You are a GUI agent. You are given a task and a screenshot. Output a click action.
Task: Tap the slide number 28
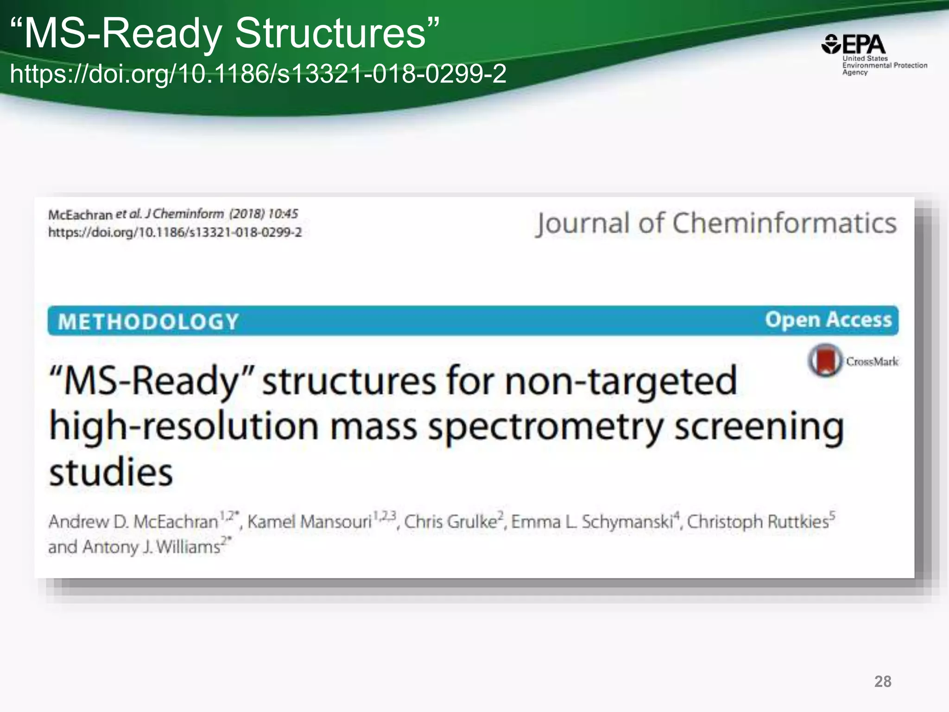coord(882,681)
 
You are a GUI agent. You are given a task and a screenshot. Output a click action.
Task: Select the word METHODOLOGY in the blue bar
coord(148,322)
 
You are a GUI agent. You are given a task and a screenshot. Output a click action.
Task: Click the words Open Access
coord(828,320)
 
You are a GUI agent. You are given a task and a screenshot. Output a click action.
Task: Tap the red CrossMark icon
coord(825,360)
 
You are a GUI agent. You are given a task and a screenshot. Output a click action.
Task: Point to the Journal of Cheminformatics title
coord(716,223)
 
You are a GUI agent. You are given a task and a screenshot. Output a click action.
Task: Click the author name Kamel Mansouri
coord(310,522)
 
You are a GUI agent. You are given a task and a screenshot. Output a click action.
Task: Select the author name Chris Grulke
coord(450,522)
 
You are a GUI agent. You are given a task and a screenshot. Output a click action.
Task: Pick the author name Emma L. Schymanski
coord(592,522)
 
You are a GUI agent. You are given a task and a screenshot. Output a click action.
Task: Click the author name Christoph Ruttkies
coord(758,522)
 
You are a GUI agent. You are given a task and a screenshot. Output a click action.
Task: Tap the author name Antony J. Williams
coord(151,547)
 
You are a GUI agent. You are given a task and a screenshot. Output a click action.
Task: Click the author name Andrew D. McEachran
coord(133,522)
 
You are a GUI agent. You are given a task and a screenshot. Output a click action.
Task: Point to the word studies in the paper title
coord(111,472)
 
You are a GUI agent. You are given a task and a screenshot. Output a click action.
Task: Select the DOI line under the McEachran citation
coord(175,232)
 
